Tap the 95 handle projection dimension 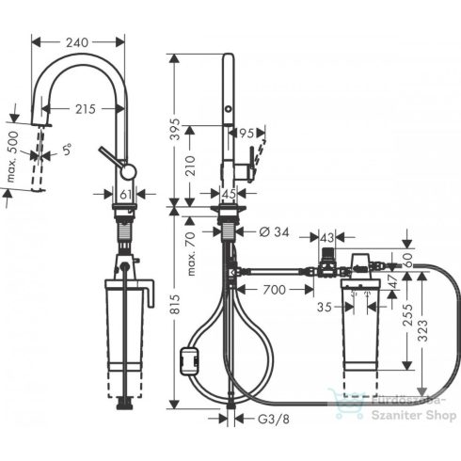tap(246, 133)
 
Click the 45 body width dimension tap(228, 194)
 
